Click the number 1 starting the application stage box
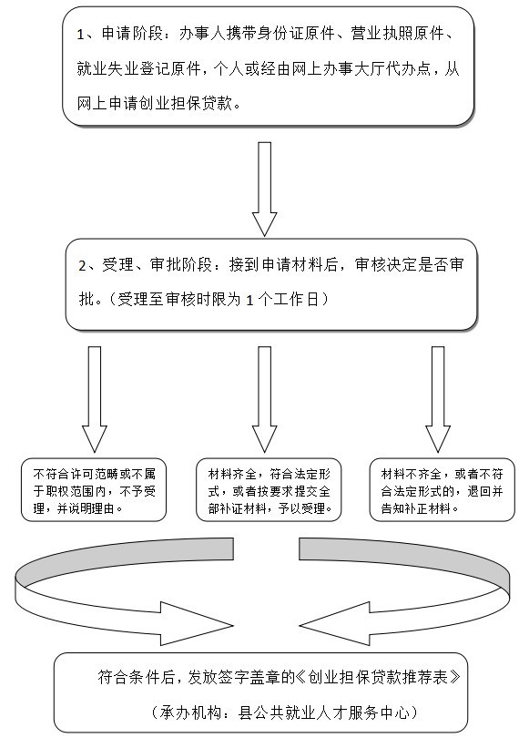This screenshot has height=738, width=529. [x=80, y=35]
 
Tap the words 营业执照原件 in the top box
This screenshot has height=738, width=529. [x=397, y=34]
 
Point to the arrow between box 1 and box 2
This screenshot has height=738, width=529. [x=265, y=189]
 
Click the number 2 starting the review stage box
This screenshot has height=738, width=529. [x=82, y=265]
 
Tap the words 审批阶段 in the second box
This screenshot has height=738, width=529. [x=181, y=264]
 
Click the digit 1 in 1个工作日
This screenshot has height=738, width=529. [x=249, y=301]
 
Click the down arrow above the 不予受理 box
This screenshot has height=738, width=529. [x=95, y=399]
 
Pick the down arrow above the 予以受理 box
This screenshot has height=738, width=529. [x=265, y=399]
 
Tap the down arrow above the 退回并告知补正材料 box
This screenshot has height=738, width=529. [x=438, y=399]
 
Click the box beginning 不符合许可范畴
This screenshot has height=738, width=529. [x=94, y=490]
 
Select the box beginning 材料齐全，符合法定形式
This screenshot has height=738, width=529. [x=269, y=490]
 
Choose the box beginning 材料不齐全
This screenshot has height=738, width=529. [x=442, y=490]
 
